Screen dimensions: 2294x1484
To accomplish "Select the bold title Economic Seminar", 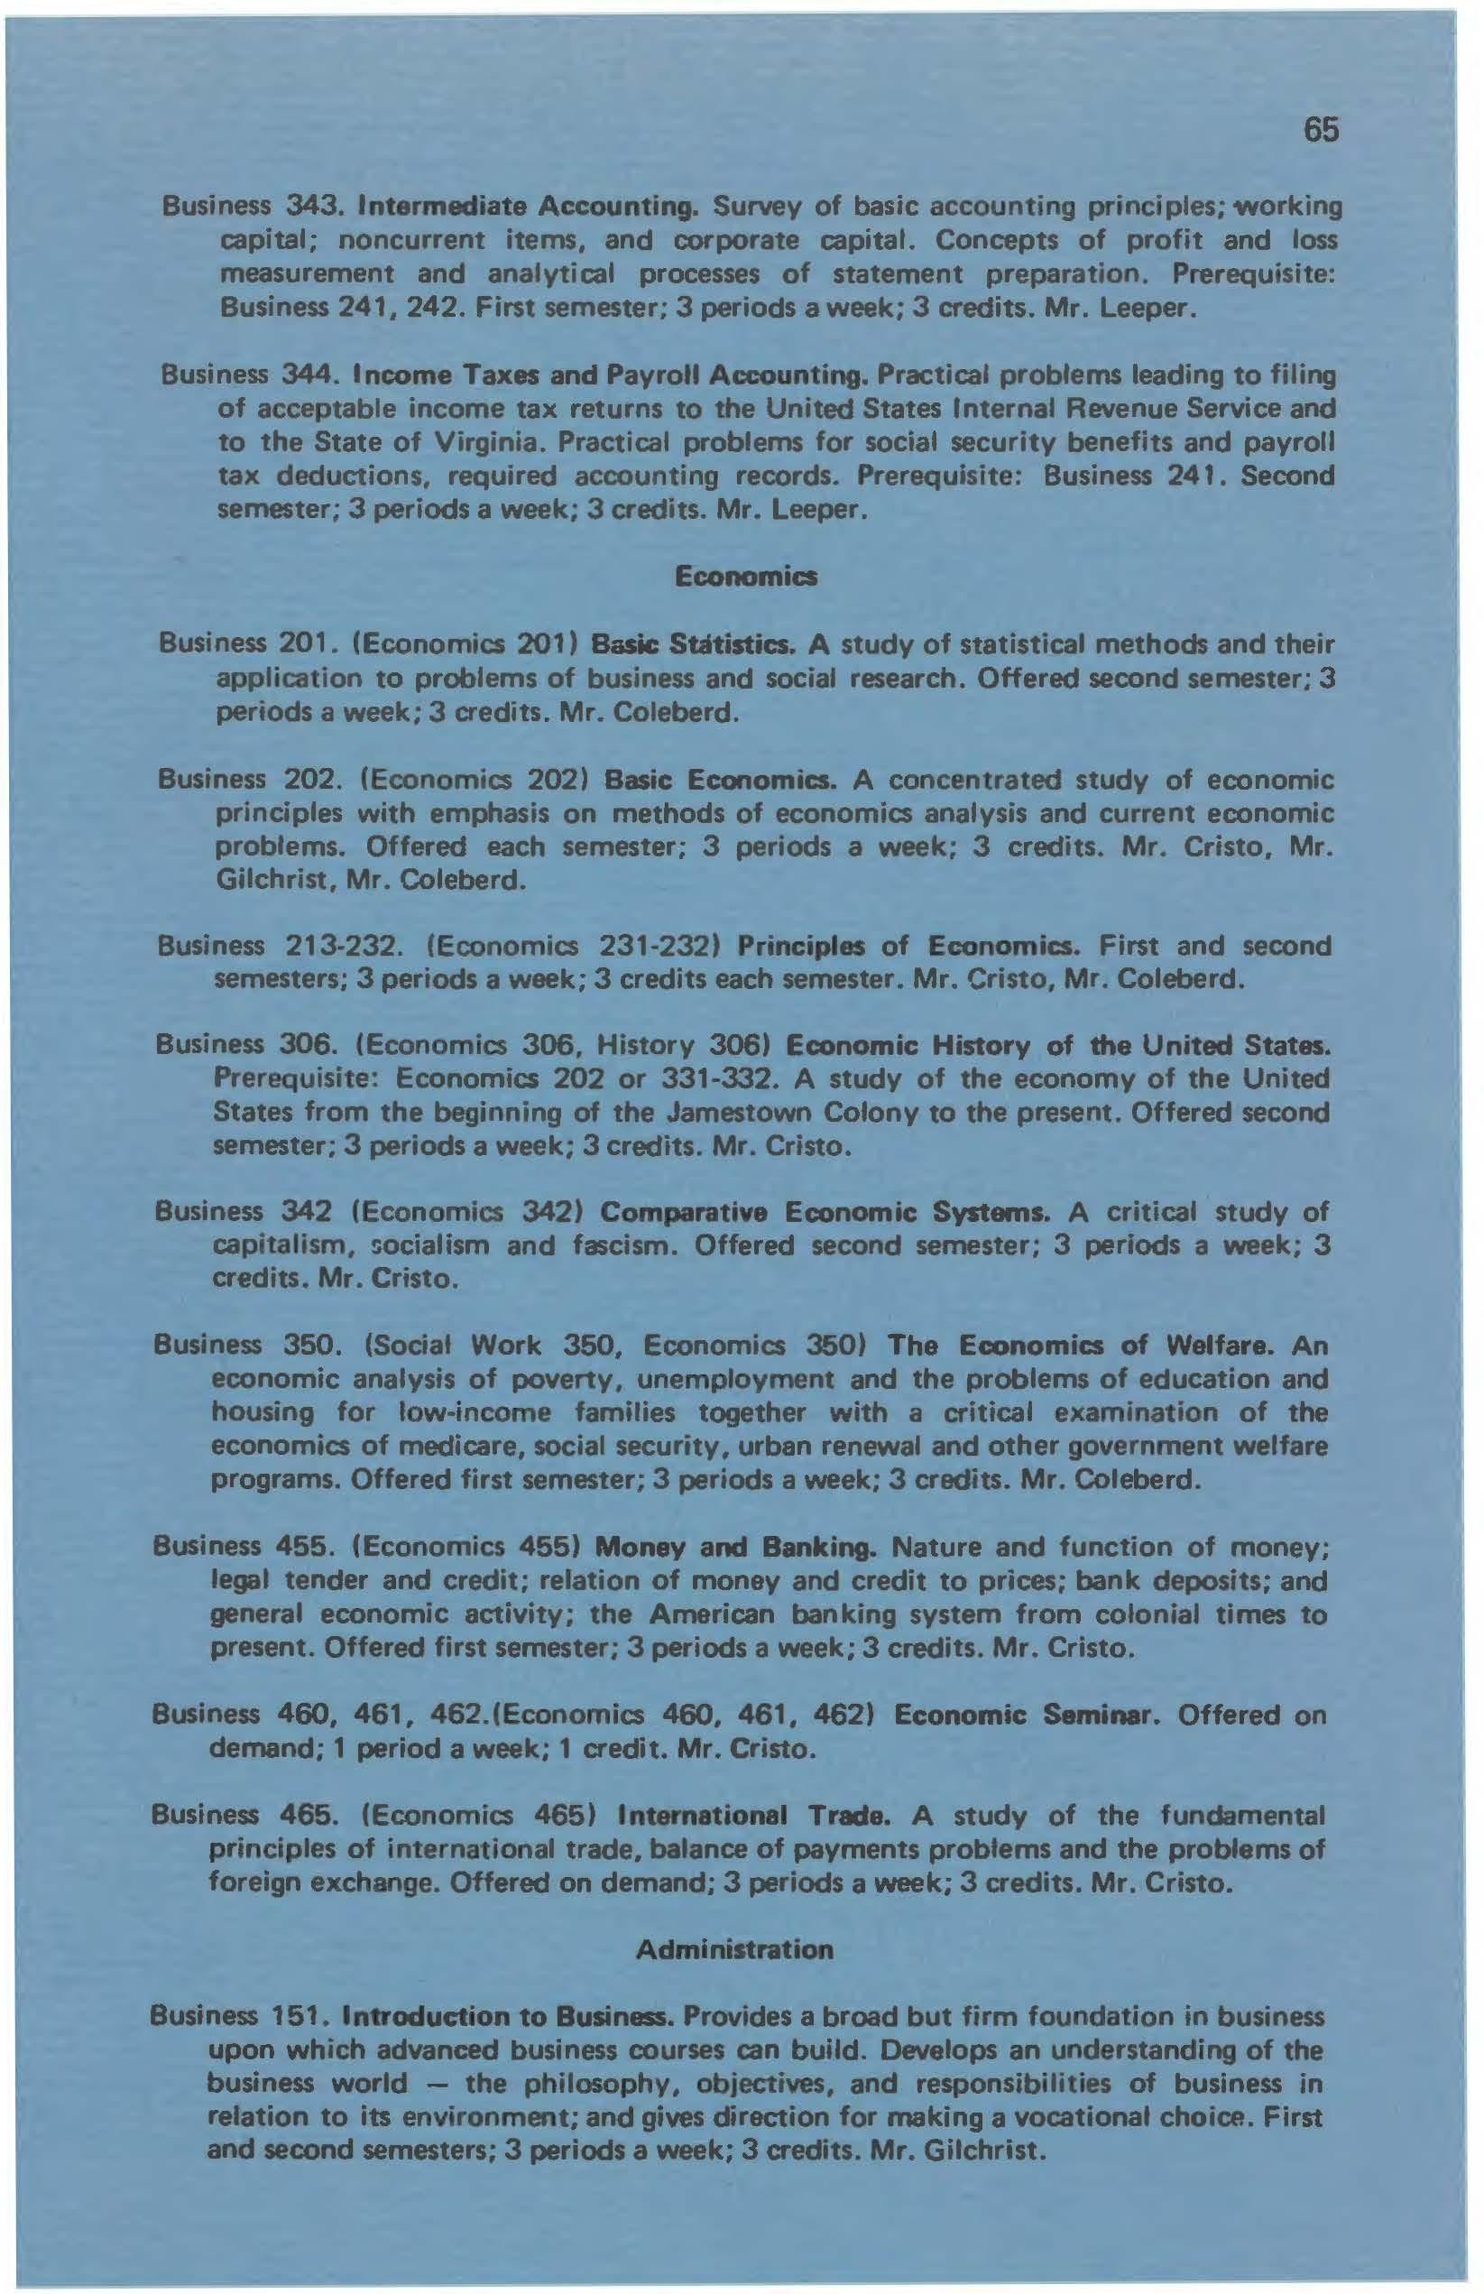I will [1026, 1716].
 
